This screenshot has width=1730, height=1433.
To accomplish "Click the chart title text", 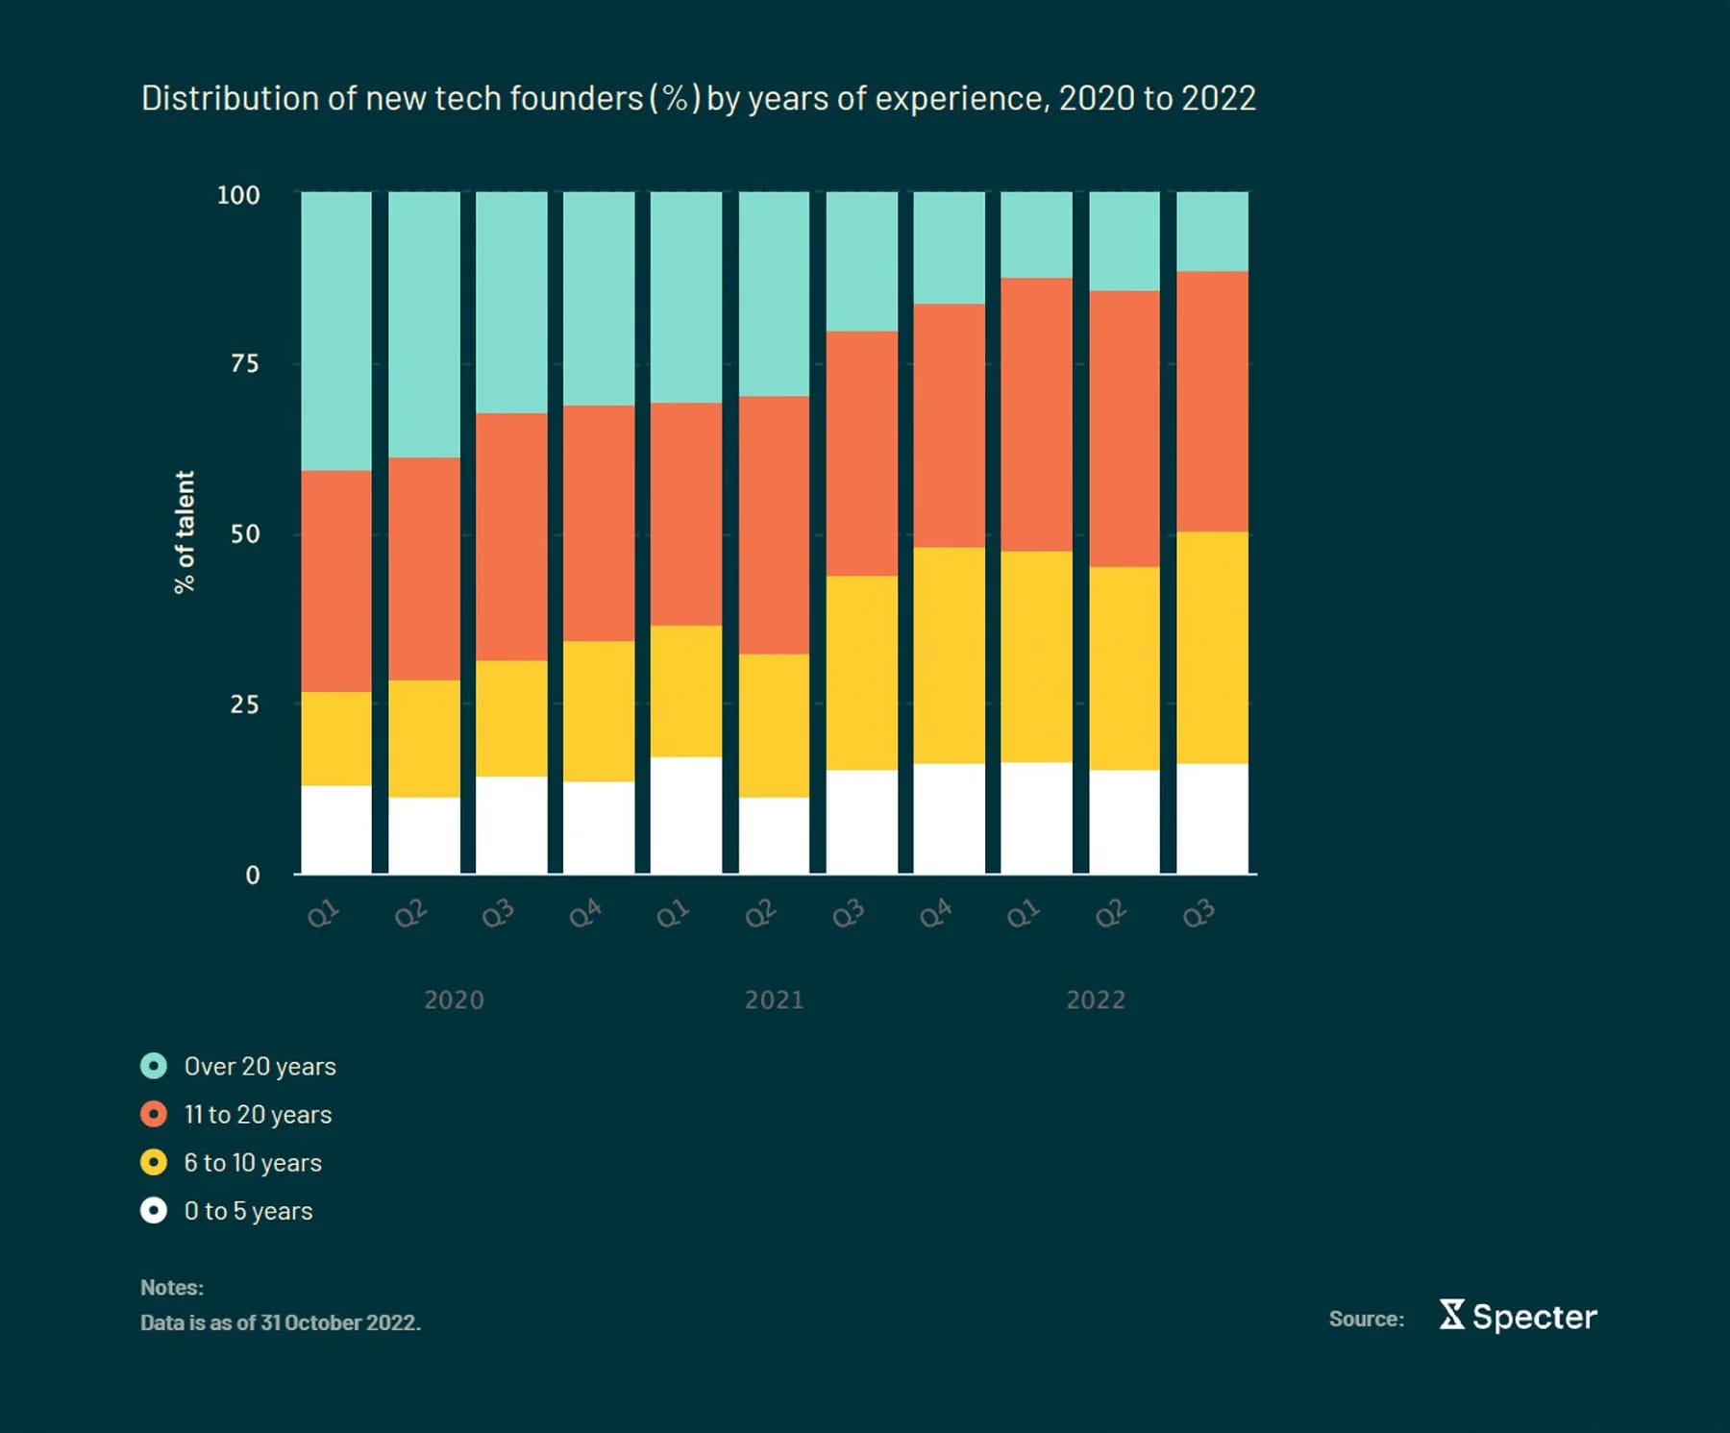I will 698,99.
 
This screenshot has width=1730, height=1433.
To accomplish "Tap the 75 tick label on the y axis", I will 245,364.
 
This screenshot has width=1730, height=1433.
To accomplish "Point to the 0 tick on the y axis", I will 252,876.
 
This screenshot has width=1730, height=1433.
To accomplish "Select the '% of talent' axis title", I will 184,531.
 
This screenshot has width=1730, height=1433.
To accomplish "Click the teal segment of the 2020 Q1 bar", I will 336,331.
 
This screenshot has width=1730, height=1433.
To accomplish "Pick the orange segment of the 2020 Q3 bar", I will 511,536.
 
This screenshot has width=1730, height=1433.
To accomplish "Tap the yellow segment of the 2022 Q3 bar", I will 1212,647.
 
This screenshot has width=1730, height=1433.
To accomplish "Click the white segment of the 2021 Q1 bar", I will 686,815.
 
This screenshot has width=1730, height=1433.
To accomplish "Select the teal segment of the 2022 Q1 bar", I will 1036,235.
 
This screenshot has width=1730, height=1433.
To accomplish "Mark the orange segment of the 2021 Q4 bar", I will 949,425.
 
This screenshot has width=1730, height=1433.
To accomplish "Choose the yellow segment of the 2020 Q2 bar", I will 424,738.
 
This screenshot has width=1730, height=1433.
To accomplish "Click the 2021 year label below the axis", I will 775,1001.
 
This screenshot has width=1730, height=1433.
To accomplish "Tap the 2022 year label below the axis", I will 1096,1001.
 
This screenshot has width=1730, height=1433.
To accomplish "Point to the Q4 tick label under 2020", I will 585,913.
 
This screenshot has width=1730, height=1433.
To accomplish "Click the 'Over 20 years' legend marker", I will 154,1066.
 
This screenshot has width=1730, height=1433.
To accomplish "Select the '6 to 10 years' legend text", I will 253,1163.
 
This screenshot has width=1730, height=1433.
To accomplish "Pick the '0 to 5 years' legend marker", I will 154,1210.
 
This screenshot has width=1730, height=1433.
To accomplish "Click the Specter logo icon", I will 1452,1315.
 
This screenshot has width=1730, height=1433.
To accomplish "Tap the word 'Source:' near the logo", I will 1366,1320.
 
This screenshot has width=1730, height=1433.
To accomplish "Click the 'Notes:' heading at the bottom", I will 172,1288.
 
